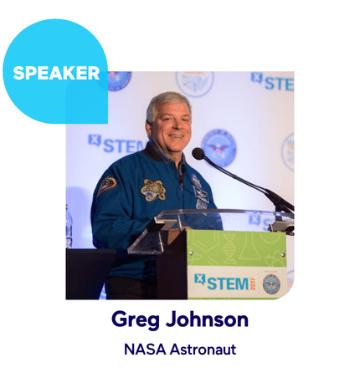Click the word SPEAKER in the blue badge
56,73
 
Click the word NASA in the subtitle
142,350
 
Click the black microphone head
198,154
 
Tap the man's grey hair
167,102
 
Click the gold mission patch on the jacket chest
152,191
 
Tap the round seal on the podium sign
271,283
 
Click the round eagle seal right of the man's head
219,145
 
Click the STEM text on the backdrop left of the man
117,144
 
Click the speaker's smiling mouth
173,133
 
